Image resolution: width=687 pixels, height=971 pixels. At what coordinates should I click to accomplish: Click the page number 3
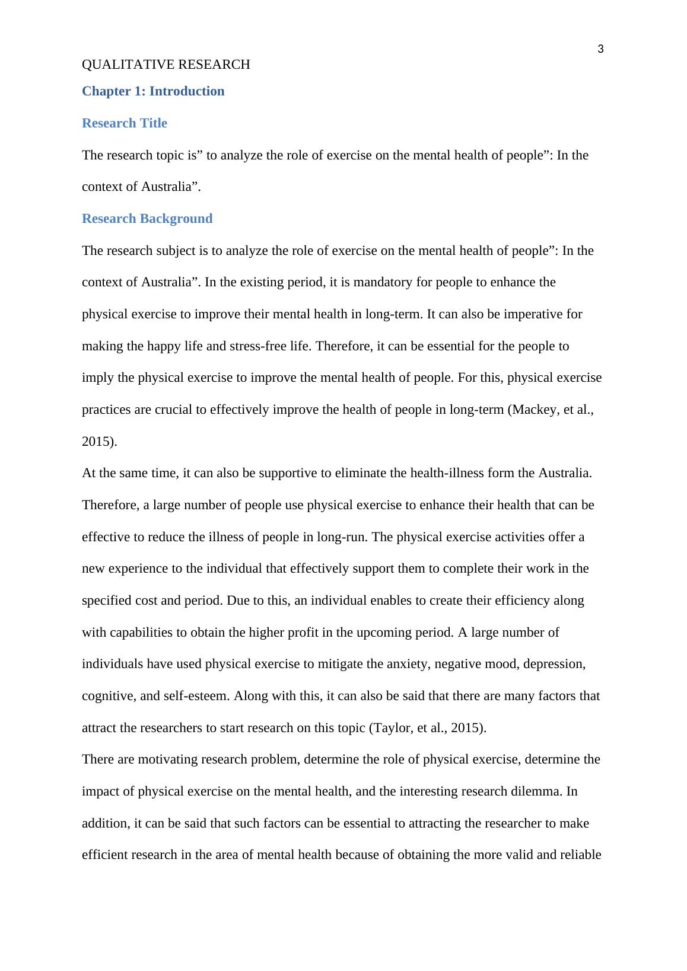click(600, 49)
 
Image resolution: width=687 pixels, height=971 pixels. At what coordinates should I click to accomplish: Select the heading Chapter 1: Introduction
click(153, 91)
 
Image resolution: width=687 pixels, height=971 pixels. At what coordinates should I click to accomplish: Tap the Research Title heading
click(125, 123)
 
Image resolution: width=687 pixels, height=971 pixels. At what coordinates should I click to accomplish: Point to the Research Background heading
click(147, 219)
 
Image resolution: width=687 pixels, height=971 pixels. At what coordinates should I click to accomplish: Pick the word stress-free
click(260, 346)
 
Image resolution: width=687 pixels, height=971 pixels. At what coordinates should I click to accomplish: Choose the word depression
click(555, 664)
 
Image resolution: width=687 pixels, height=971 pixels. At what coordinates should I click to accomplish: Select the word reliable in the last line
click(581, 855)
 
